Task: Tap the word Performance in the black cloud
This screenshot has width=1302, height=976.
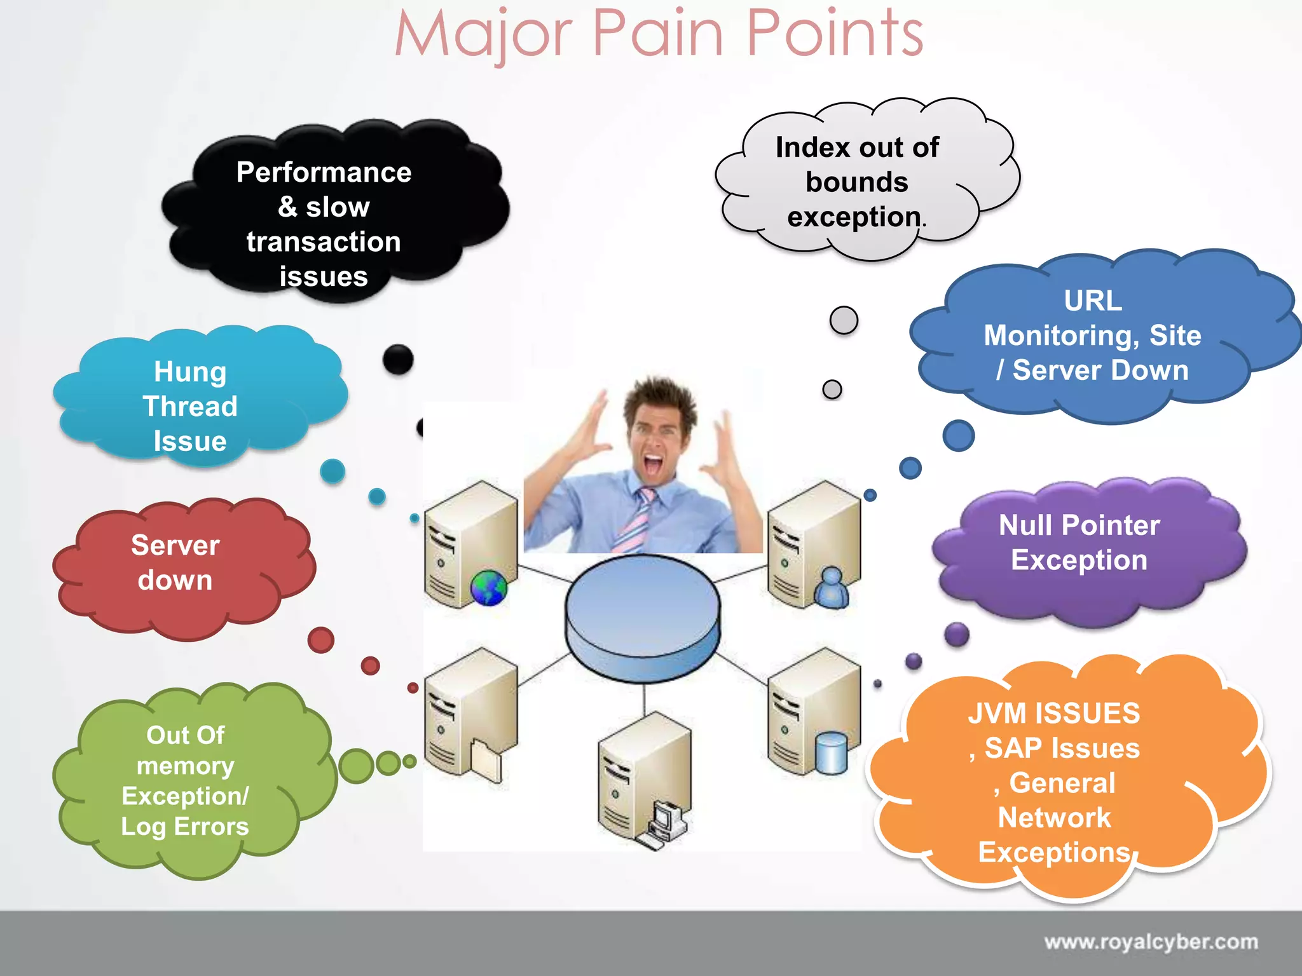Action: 324,172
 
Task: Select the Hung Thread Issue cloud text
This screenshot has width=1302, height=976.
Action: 190,407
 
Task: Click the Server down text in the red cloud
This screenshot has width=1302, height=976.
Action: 175,562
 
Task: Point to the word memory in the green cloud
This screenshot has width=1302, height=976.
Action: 185,766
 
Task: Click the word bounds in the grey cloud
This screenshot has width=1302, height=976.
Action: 856,182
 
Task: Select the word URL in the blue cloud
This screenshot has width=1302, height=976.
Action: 1093,301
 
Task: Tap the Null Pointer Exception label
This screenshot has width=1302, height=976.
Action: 1079,542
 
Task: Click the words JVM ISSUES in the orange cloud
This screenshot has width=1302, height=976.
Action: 1053,713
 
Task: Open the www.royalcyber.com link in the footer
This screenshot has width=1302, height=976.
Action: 1151,942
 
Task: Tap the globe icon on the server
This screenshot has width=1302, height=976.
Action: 488,588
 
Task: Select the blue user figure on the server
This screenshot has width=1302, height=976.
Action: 832,588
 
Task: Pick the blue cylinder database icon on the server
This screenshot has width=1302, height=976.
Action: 832,753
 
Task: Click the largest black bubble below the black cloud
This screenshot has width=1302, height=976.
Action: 398,360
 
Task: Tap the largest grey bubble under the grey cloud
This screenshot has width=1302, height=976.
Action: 844,320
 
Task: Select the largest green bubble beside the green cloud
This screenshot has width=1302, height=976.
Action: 356,766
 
